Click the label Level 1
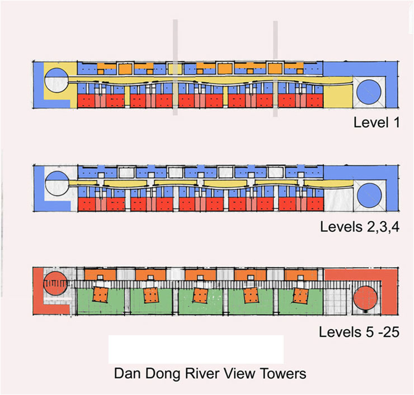click(x=376, y=122)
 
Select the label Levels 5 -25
click(x=359, y=331)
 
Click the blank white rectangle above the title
click(x=195, y=350)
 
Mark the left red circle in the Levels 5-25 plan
click(x=54, y=283)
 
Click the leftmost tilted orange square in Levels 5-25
click(x=101, y=295)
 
